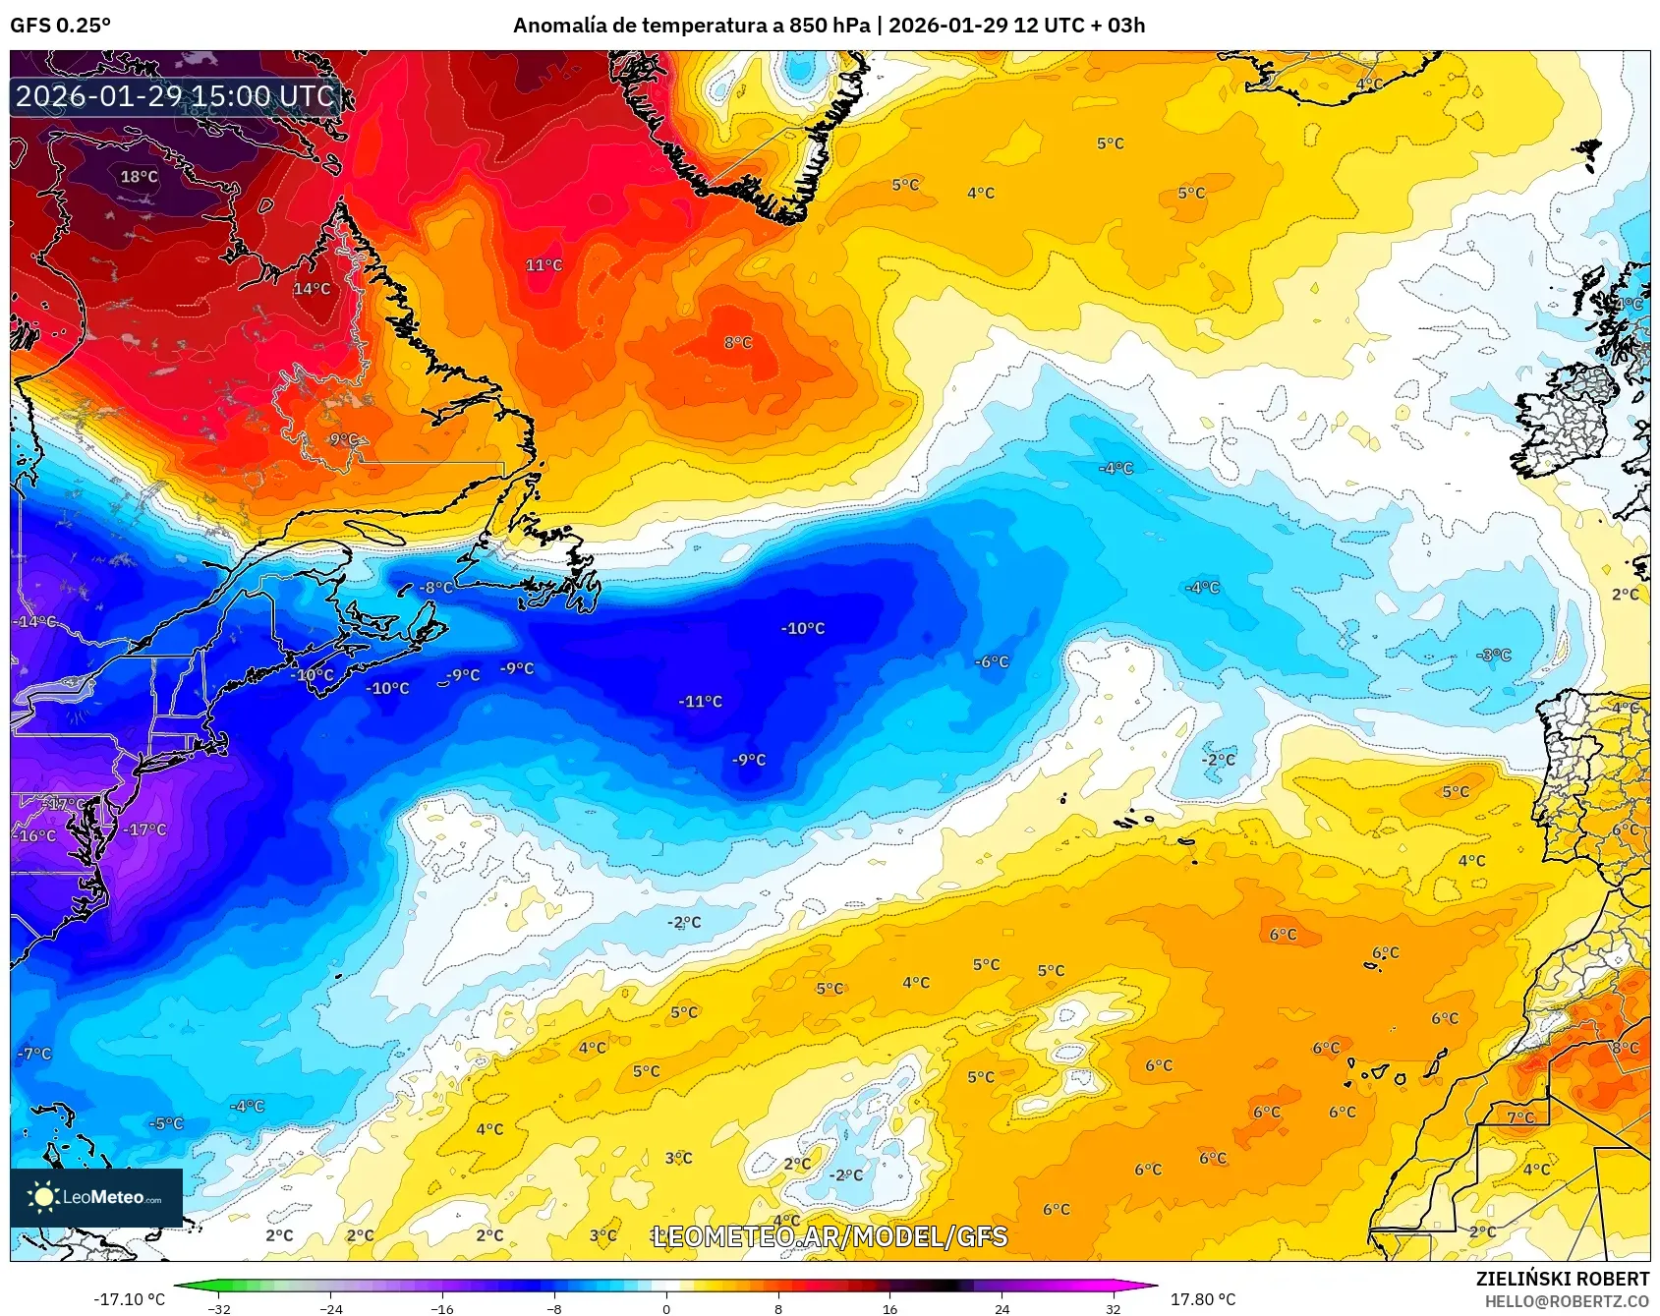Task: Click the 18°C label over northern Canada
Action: pos(139,177)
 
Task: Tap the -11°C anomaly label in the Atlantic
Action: pos(700,702)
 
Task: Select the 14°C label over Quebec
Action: pos(312,289)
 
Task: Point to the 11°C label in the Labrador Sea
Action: pos(544,265)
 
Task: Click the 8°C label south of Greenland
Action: pos(738,343)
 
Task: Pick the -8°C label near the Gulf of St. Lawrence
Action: pos(436,588)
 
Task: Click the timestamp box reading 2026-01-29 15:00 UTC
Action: pos(175,96)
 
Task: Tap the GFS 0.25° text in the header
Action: pos(60,26)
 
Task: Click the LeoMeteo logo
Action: pos(96,1197)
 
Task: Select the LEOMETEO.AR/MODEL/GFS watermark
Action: pos(830,1236)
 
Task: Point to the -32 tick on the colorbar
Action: pos(220,1308)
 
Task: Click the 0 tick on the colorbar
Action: pos(666,1308)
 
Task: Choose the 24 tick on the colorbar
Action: pos(1002,1308)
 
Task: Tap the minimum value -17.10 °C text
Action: pos(129,1299)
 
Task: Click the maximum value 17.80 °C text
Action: pos(1203,1299)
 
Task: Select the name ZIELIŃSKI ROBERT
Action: pos(1562,1279)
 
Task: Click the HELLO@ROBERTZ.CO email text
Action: pos(1567,1301)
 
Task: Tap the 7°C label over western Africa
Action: pos(1520,1117)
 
